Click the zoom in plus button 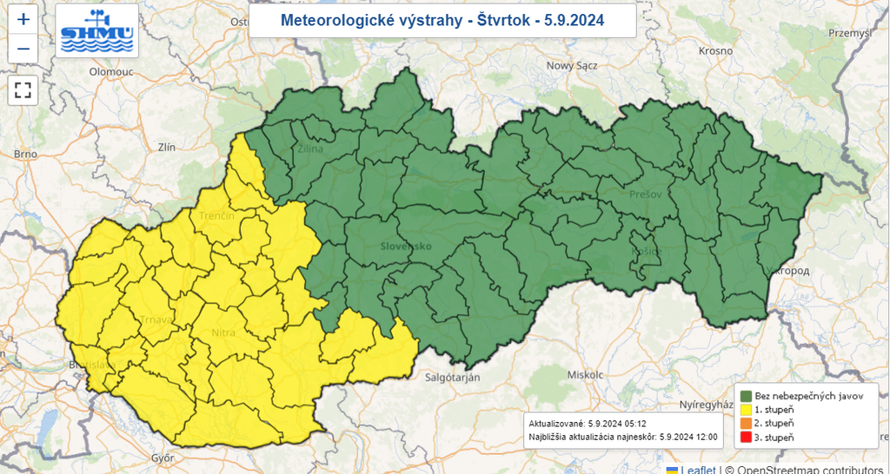[x=23, y=19]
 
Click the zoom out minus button [x=23, y=49]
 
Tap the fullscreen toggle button [x=23, y=89]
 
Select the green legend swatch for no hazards [x=746, y=395]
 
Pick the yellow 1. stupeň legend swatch [x=746, y=409]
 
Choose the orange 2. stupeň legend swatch [x=746, y=423]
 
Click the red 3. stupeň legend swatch [x=746, y=438]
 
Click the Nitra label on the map [x=223, y=332]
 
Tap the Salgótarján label [x=454, y=377]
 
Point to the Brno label [x=25, y=154]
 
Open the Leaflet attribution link [x=698, y=469]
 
